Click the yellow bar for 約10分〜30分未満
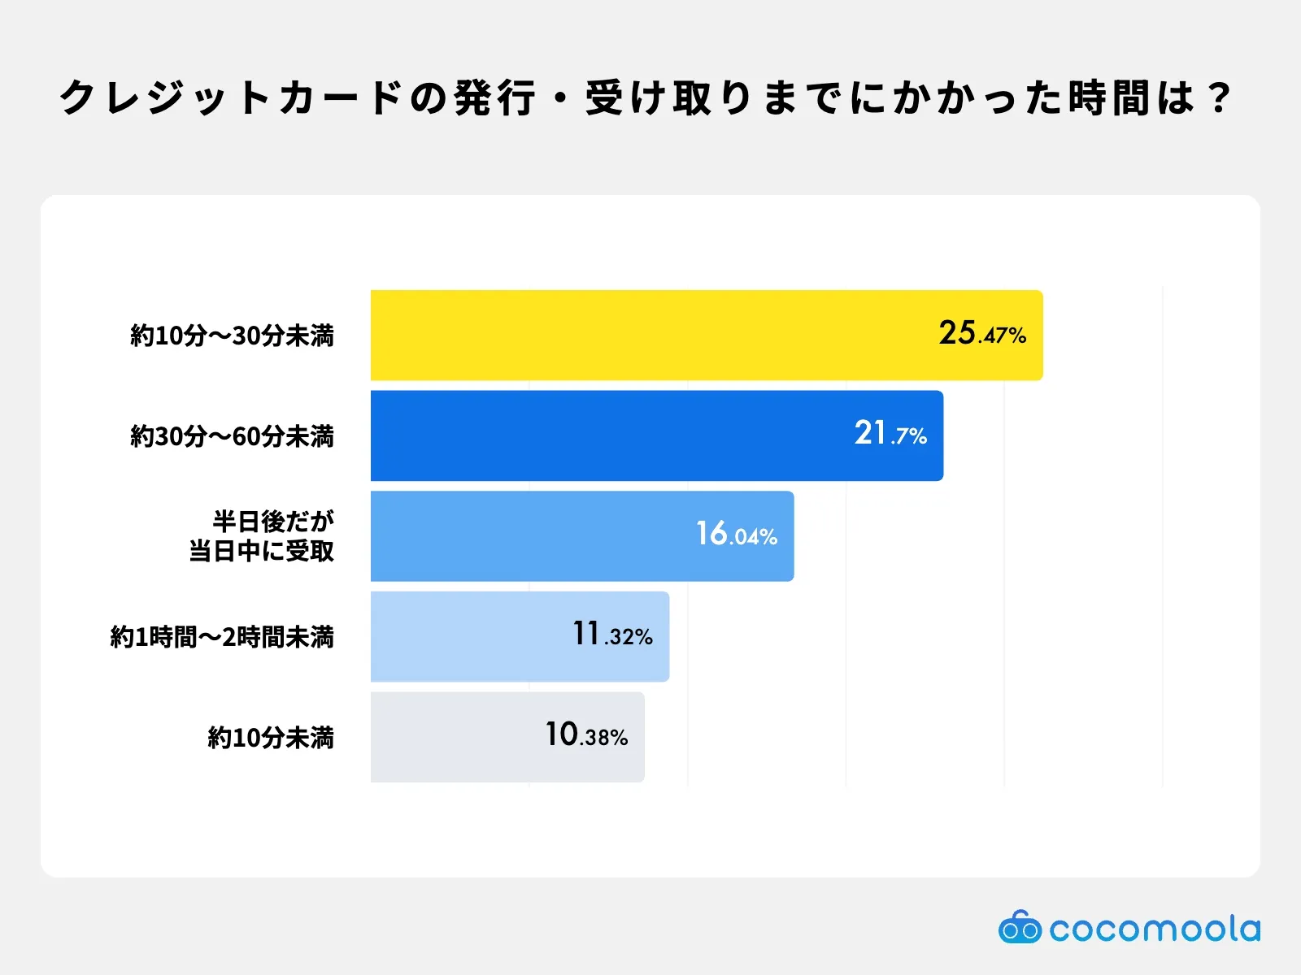[x=650, y=335]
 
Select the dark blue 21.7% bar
[x=610, y=435]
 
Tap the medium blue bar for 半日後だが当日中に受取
[x=529, y=536]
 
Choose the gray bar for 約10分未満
[x=455, y=737]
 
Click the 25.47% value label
[x=982, y=333]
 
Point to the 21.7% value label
[x=890, y=434]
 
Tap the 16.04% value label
[x=737, y=535]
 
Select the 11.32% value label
[x=612, y=635]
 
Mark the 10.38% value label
[x=586, y=735]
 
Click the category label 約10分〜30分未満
[x=233, y=336]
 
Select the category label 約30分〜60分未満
[x=233, y=436]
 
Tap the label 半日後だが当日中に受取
[x=263, y=536]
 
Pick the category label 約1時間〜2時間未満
[x=222, y=637]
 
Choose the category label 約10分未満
[x=271, y=738]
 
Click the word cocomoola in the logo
[x=1155, y=929]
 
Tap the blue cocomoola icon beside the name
[x=1019, y=927]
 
